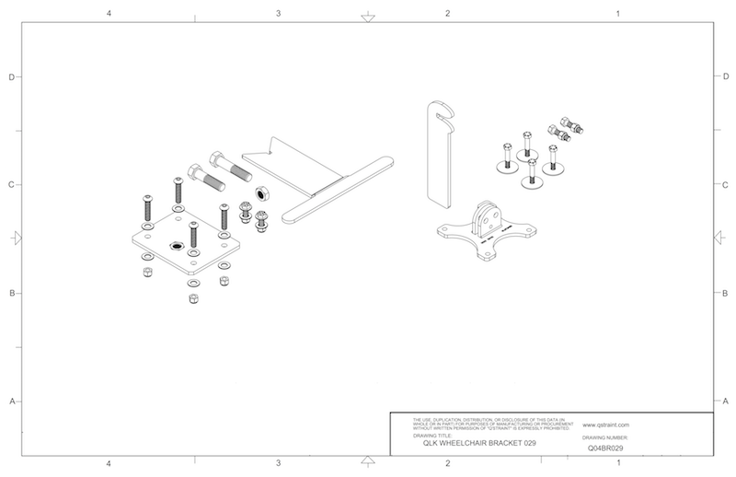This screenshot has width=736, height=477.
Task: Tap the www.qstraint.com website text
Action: [604, 426]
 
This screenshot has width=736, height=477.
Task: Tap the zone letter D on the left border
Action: [11, 77]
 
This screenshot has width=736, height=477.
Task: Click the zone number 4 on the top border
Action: [109, 14]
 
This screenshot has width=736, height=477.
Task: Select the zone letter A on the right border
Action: [726, 401]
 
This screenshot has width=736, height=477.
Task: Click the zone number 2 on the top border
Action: [447, 14]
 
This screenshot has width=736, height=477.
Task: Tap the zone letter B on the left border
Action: [11, 294]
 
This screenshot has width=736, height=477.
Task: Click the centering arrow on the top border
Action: [367, 17]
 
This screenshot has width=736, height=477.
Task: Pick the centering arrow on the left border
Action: [16, 238]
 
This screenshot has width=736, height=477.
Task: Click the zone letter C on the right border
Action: [726, 184]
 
